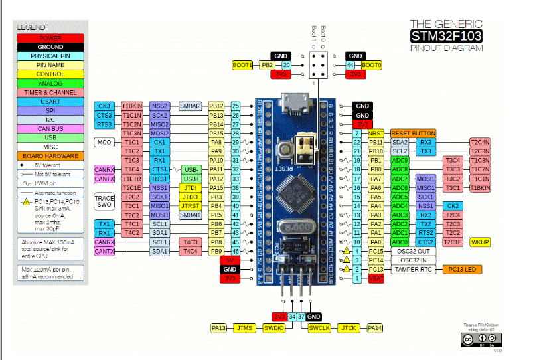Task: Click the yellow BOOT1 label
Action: [x=242, y=65]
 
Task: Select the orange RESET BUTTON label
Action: [x=414, y=134]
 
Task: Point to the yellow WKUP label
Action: [x=479, y=242]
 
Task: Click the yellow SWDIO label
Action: [x=273, y=328]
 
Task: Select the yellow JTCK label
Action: [x=349, y=328]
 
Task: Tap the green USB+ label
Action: [x=191, y=179]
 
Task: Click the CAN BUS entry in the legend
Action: [x=50, y=128]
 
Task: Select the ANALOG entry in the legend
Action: [x=50, y=83]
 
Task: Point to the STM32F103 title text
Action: [x=446, y=36]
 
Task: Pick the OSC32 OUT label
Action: [x=414, y=251]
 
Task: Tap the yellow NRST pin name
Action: [x=376, y=134]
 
